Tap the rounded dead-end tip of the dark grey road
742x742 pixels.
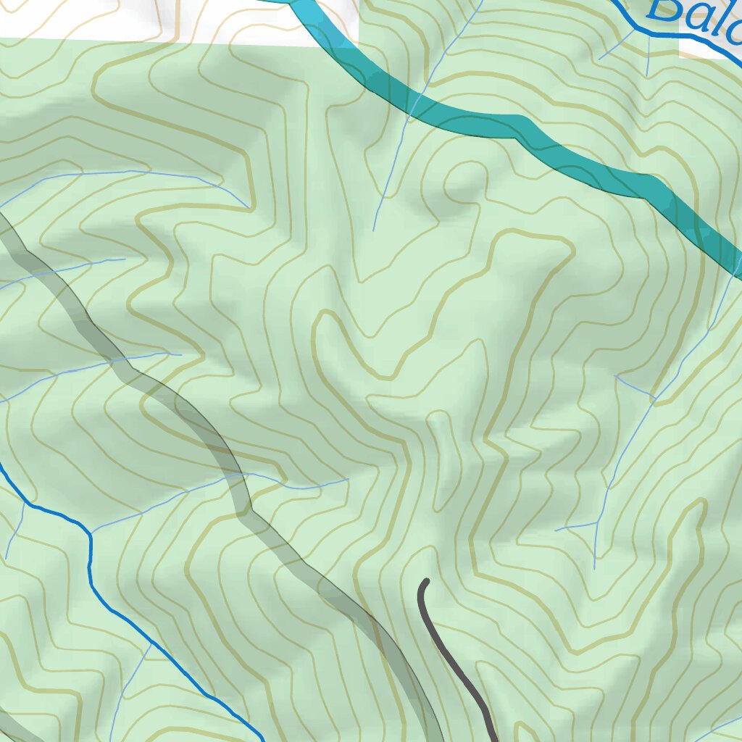[x=425, y=582]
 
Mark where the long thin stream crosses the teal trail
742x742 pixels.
[x=415, y=105]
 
